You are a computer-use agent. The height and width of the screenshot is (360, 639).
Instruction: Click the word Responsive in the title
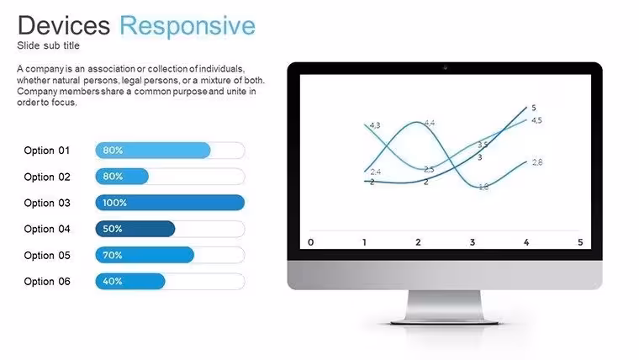(x=187, y=27)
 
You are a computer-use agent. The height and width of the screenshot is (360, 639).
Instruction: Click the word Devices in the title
(x=64, y=25)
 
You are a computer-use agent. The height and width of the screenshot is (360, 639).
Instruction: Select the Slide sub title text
(x=48, y=45)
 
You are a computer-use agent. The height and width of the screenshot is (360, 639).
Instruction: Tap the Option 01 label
(x=47, y=151)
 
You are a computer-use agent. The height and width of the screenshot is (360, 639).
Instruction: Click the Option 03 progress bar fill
(x=170, y=203)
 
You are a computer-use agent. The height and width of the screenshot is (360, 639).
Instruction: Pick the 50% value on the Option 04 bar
(x=113, y=229)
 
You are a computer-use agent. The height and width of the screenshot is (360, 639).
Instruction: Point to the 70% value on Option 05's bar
(x=113, y=255)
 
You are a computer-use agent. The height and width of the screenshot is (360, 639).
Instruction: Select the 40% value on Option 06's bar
(x=113, y=281)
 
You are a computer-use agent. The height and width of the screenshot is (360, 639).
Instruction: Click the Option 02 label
(x=47, y=177)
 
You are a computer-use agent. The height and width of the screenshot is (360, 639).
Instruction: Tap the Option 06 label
(x=47, y=281)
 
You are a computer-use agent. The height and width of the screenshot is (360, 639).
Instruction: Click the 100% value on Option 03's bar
(x=114, y=203)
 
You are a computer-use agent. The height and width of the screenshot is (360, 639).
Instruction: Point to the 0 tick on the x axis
(x=311, y=242)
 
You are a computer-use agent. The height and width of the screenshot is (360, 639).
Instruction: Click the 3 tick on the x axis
(x=473, y=242)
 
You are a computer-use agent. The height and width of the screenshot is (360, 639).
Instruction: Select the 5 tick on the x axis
(x=580, y=242)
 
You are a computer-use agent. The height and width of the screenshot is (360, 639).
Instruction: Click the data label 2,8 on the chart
(x=537, y=162)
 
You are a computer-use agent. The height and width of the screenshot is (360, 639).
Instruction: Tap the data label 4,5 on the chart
(x=536, y=120)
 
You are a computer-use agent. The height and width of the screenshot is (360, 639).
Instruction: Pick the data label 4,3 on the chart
(x=375, y=125)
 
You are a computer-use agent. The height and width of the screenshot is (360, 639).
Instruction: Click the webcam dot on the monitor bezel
(x=445, y=67)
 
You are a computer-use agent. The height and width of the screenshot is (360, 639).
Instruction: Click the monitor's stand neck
(x=444, y=305)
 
